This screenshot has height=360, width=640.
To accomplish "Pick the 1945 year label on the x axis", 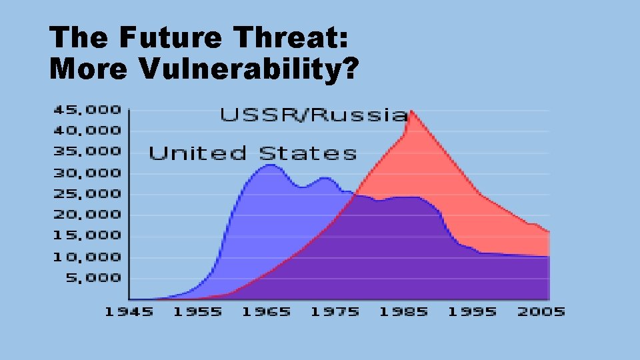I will tap(129, 312).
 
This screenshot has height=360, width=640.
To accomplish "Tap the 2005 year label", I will tap(540, 312).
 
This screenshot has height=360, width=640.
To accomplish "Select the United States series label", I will tap(253, 153).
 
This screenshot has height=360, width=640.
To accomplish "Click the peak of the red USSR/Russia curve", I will tap(411, 111).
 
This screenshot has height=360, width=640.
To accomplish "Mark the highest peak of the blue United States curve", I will tap(268, 165).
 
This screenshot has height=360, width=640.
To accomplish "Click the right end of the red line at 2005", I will tap(548, 232).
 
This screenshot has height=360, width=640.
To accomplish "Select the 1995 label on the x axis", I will tap(471, 312).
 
